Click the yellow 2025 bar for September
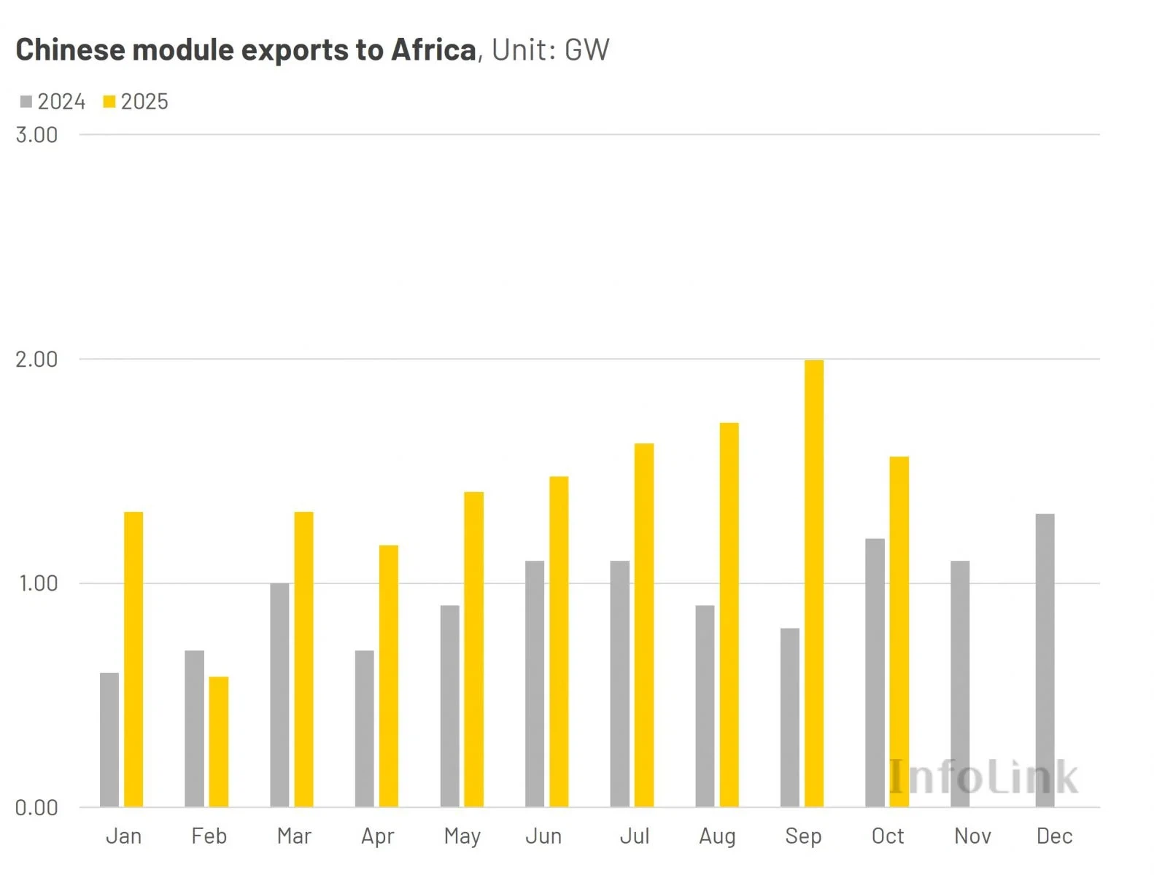[813, 583]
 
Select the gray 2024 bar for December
[1045, 660]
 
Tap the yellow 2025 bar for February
[218, 742]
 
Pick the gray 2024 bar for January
[109, 739]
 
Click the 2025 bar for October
[899, 631]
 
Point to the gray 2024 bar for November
[960, 683]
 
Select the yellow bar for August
[729, 615]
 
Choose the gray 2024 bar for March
[279, 695]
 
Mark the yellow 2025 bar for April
[389, 676]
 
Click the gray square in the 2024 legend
[26, 101]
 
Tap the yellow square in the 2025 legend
[109, 101]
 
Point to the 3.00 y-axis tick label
[36, 135]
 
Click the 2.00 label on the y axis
[36, 359]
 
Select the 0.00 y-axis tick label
[36, 808]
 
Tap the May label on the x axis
[462, 836]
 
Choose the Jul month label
[634, 836]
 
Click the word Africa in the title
[433, 50]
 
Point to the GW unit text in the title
[586, 50]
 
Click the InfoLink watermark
[982, 777]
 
